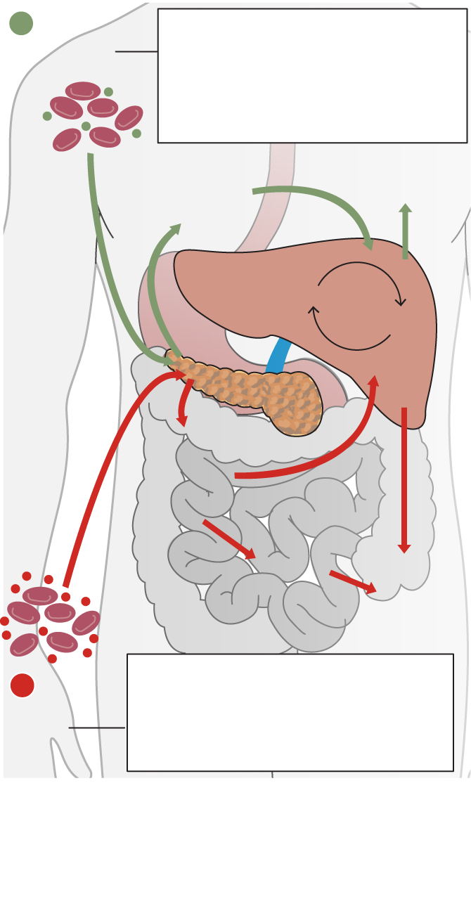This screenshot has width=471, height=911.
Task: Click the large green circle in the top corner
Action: [21, 23]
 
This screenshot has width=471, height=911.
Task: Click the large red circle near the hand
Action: [22, 685]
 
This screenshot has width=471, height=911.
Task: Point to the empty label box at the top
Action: [312, 76]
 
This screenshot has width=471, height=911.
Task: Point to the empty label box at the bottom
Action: [290, 712]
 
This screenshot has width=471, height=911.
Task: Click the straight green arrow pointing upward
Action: [405, 232]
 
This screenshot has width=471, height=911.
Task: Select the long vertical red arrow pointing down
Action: [404, 478]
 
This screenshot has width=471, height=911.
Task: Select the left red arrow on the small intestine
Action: [228, 539]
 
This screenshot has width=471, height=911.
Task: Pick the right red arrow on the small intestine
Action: [351, 581]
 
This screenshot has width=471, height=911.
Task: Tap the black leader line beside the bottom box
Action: [97, 728]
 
